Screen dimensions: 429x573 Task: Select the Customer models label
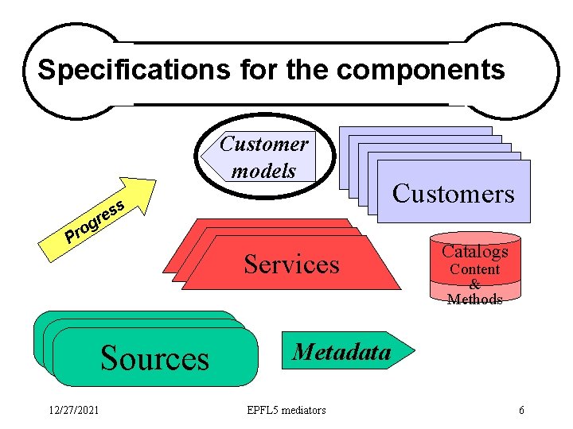click(x=263, y=157)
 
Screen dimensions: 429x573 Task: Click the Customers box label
click(x=453, y=193)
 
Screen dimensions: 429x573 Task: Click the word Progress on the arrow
click(x=95, y=222)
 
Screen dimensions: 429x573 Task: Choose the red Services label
click(x=291, y=264)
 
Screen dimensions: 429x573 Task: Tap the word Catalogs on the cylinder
click(x=474, y=252)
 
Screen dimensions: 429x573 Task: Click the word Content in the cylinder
click(x=474, y=269)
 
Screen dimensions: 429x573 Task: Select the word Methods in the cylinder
click(x=474, y=300)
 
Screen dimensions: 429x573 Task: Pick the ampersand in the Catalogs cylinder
click(x=474, y=284)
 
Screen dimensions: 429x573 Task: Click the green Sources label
click(x=154, y=358)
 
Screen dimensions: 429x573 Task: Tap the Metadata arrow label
click(x=341, y=351)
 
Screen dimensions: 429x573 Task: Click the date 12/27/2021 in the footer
click(x=72, y=410)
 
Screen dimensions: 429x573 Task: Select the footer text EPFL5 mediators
click(x=286, y=410)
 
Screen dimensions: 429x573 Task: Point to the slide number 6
click(x=521, y=410)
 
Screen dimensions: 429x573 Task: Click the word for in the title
click(x=255, y=70)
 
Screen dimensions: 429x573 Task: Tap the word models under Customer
click(x=263, y=171)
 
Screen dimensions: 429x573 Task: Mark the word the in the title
click(x=306, y=70)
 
